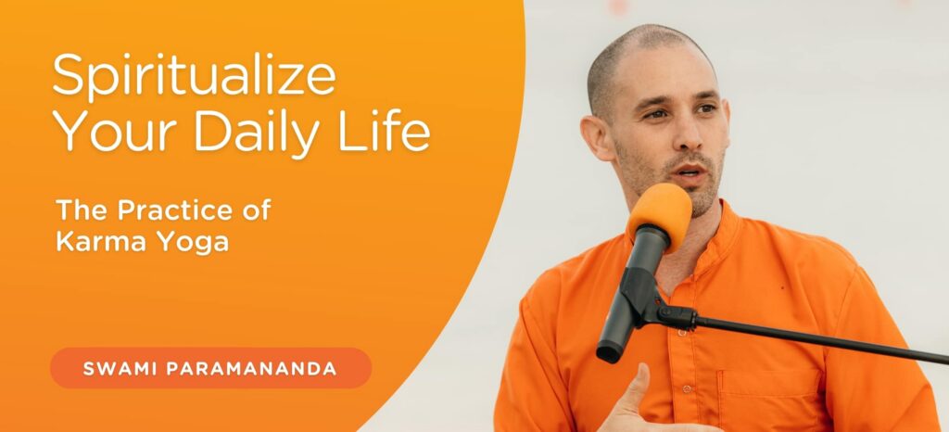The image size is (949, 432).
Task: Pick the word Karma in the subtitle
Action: (x=96, y=241)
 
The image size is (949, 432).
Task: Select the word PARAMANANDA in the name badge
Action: (x=252, y=368)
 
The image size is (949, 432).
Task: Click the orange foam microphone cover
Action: (x=660, y=211)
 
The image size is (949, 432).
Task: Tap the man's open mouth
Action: (x=689, y=171)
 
